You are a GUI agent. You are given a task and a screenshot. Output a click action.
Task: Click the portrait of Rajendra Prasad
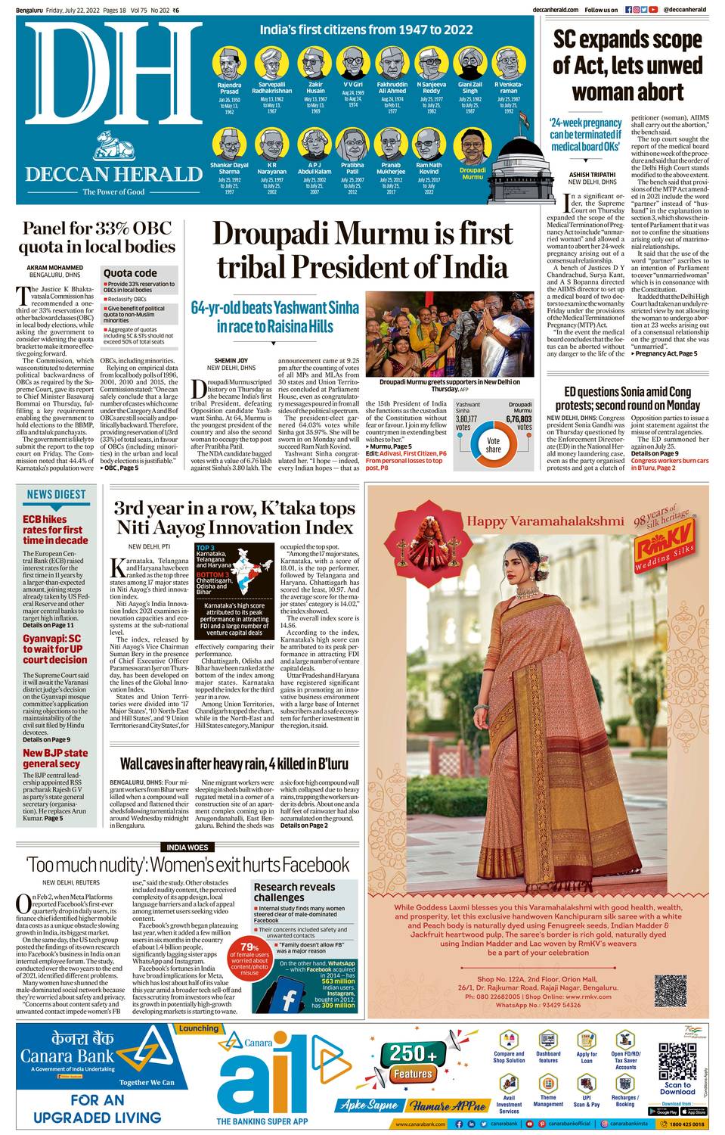pos(229,64)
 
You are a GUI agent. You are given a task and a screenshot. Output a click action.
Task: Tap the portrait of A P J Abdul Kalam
pos(314,144)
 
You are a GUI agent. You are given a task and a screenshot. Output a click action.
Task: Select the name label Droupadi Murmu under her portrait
pos(472,173)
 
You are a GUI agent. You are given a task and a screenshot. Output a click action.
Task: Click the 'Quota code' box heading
pos(130,272)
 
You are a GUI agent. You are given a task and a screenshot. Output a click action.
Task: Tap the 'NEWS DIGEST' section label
pos(56,494)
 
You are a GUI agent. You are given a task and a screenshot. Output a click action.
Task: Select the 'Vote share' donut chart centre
pos(493,444)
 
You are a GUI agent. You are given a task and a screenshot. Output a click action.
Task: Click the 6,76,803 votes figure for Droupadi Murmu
pos(519,418)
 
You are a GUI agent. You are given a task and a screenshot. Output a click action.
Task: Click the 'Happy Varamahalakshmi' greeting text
pos(544,521)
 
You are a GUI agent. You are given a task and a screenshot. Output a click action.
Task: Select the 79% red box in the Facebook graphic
pos(249,957)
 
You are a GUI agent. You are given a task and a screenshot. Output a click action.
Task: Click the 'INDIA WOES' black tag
pos(187,847)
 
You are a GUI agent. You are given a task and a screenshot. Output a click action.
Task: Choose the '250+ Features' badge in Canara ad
pos(413,1063)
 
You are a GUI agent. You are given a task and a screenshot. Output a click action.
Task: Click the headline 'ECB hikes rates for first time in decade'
pos(55,530)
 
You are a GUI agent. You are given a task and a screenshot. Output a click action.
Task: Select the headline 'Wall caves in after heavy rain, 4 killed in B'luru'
pos(234,764)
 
